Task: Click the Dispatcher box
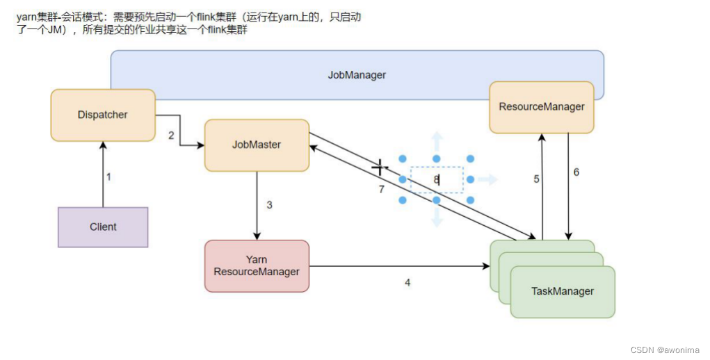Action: click(x=103, y=115)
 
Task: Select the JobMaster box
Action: click(x=257, y=145)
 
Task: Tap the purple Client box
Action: click(x=103, y=227)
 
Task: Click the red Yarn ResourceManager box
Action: click(x=257, y=266)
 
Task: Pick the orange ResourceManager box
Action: click(x=542, y=107)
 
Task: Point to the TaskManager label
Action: click(x=563, y=291)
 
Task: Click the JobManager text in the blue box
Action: click(x=357, y=75)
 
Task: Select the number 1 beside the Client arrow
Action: click(x=108, y=177)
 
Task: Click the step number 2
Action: click(x=171, y=136)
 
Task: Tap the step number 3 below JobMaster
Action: click(x=269, y=205)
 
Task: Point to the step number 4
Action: click(x=408, y=283)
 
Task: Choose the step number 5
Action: click(x=536, y=179)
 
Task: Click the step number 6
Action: click(x=576, y=172)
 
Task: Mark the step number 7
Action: click(x=381, y=189)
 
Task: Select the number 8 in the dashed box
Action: click(x=436, y=179)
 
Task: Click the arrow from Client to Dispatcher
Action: click(x=103, y=174)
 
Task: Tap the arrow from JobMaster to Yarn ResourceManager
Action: click(x=257, y=206)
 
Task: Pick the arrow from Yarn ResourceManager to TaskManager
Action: click(x=399, y=266)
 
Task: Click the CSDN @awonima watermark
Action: click(x=665, y=350)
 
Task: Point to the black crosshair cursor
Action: click(x=380, y=167)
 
